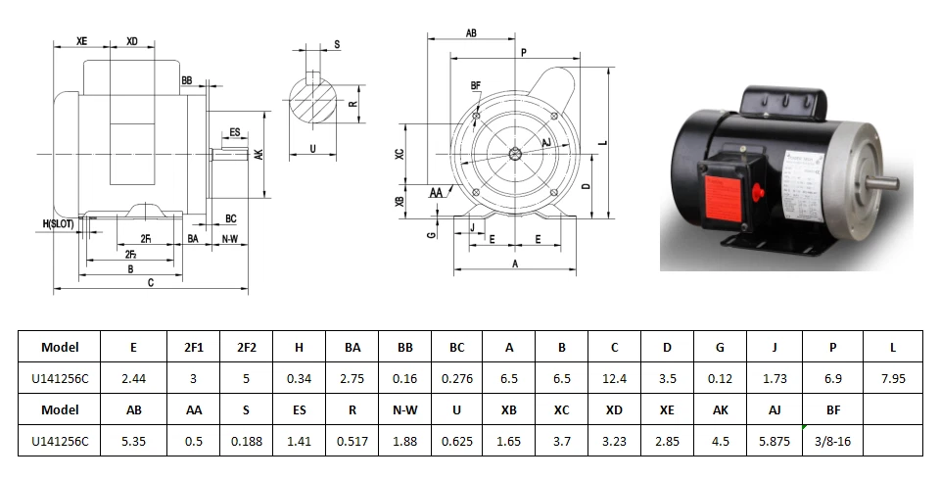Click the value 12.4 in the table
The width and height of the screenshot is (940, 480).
click(614, 378)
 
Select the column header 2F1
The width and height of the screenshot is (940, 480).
click(194, 347)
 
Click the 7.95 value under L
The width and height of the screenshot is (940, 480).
click(893, 378)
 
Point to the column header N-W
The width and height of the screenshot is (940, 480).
click(404, 409)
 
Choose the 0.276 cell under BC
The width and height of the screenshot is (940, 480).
click(457, 378)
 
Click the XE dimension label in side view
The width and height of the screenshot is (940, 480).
click(82, 42)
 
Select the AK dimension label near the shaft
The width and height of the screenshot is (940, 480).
click(258, 155)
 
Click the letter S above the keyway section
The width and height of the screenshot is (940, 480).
click(337, 45)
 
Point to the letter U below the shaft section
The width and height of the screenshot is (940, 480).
click(310, 150)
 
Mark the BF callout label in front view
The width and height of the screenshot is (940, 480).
click(476, 86)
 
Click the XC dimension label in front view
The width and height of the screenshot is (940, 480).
click(399, 157)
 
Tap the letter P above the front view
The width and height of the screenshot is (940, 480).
click(525, 52)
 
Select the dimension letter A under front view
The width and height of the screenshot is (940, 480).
click(514, 264)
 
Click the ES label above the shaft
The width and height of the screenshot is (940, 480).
click(235, 131)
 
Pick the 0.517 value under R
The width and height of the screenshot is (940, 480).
click(352, 441)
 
